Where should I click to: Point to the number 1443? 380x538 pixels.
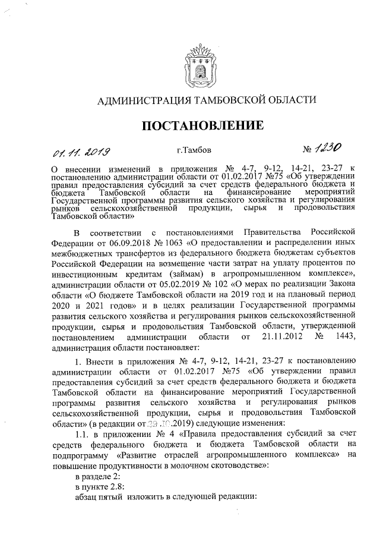pos(344,338)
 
